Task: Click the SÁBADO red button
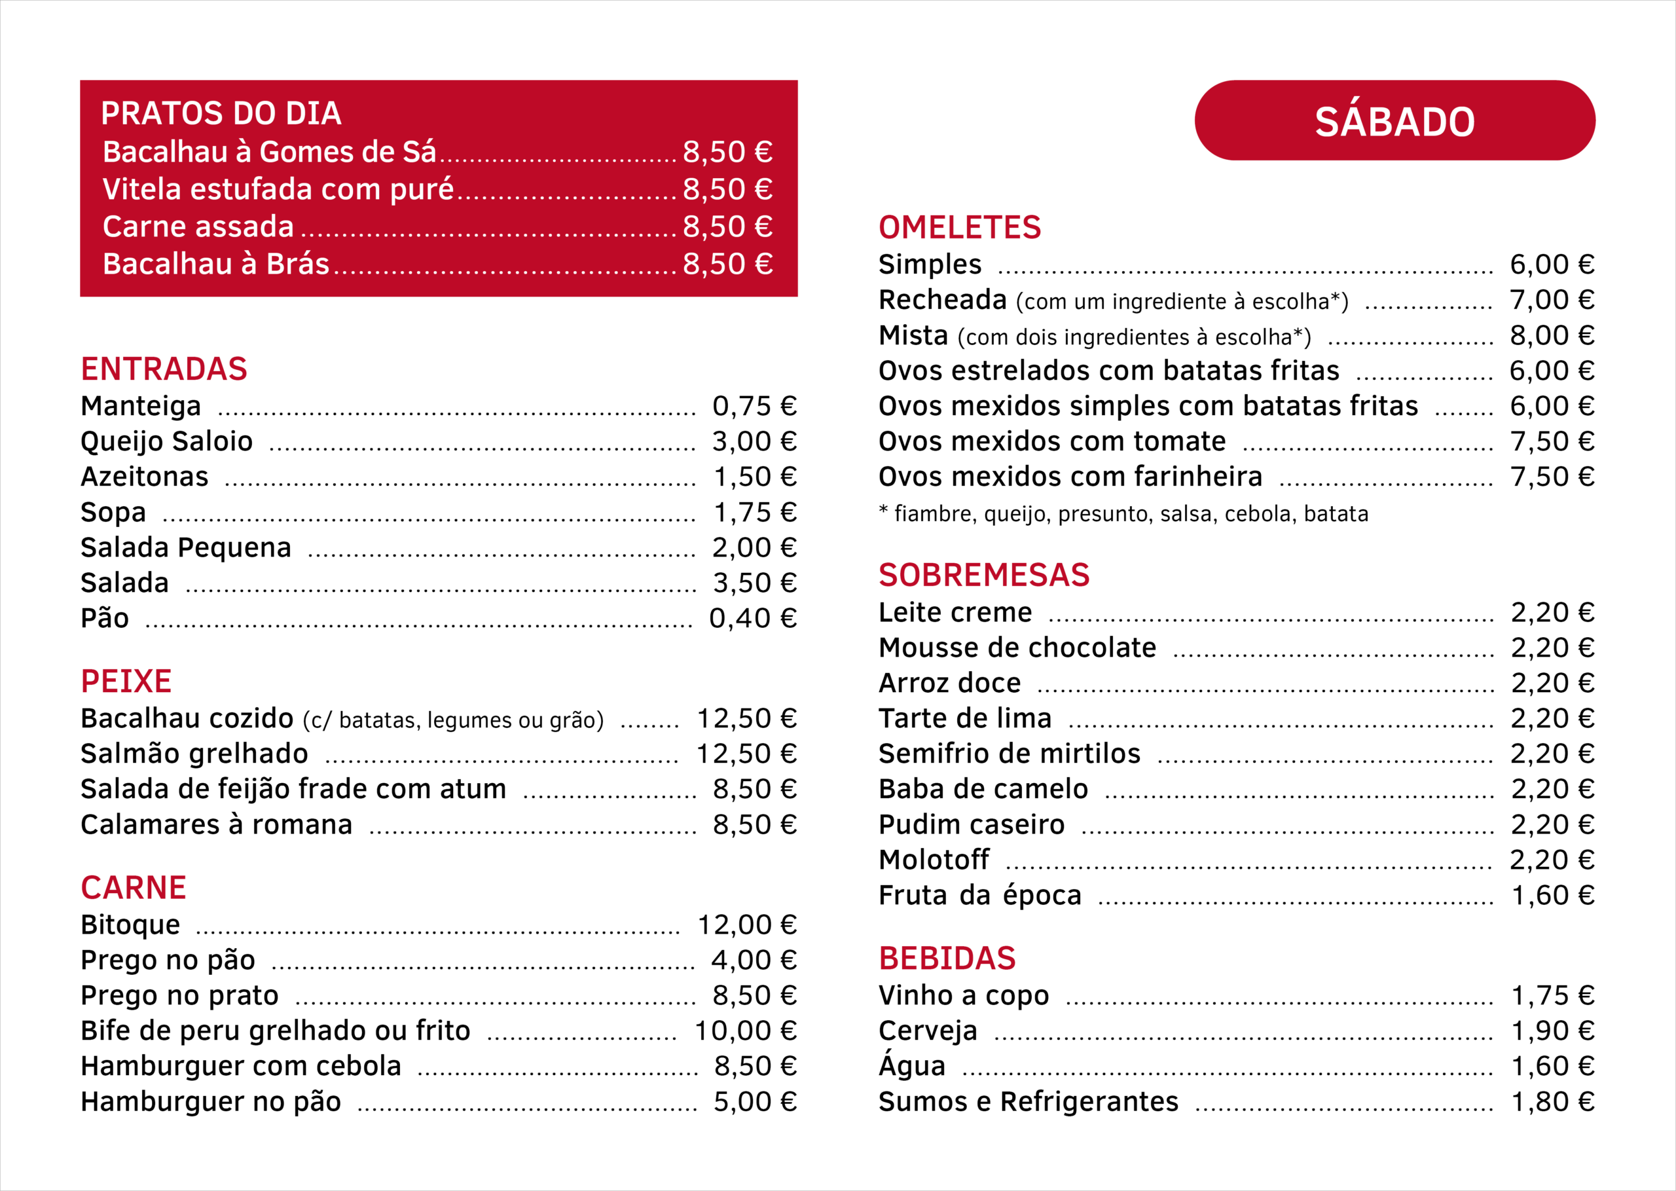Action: [x=1394, y=121]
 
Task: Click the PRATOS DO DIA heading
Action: [x=221, y=114]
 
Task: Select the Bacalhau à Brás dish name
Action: [x=215, y=264]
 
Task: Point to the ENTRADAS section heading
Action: [x=164, y=369]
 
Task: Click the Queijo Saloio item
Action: [x=166, y=441]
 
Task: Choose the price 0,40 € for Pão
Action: [x=753, y=618]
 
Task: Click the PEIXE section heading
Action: [x=126, y=682]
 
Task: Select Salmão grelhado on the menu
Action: [x=194, y=754]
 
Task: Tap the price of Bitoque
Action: [x=746, y=925]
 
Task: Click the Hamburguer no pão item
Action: [x=211, y=1101]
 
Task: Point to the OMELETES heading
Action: [x=960, y=227]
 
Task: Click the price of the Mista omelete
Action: [x=1552, y=335]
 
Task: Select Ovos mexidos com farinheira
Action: [x=1070, y=477]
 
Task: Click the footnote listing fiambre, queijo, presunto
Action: [x=1123, y=513]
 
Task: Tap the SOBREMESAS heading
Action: [x=984, y=575]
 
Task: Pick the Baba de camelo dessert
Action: [x=983, y=789]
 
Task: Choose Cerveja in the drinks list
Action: [x=928, y=1031]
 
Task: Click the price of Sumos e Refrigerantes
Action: [x=1553, y=1101]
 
